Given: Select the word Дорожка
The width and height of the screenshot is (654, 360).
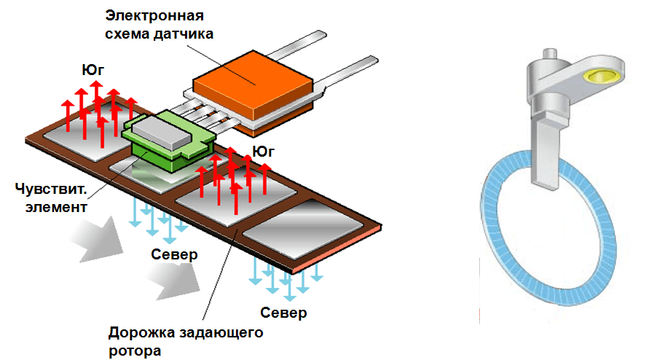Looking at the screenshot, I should click(141, 334).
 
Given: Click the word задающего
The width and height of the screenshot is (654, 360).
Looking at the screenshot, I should click(221, 334).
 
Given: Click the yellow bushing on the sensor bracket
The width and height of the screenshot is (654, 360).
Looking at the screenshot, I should click(604, 75).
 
